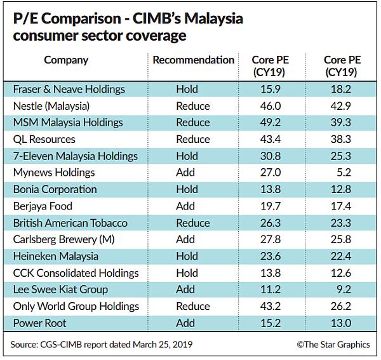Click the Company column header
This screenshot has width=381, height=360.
click(x=66, y=60)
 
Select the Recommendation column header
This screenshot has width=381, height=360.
click(x=194, y=60)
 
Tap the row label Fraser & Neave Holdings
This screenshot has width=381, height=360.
click(x=69, y=90)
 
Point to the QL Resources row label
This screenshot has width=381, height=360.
click(x=44, y=139)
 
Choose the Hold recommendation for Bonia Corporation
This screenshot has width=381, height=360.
click(x=187, y=189)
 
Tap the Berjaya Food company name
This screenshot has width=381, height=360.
click(x=43, y=206)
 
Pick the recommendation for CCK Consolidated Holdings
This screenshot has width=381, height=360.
click(x=187, y=273)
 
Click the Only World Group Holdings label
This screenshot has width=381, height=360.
click(x=76, y=306)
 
